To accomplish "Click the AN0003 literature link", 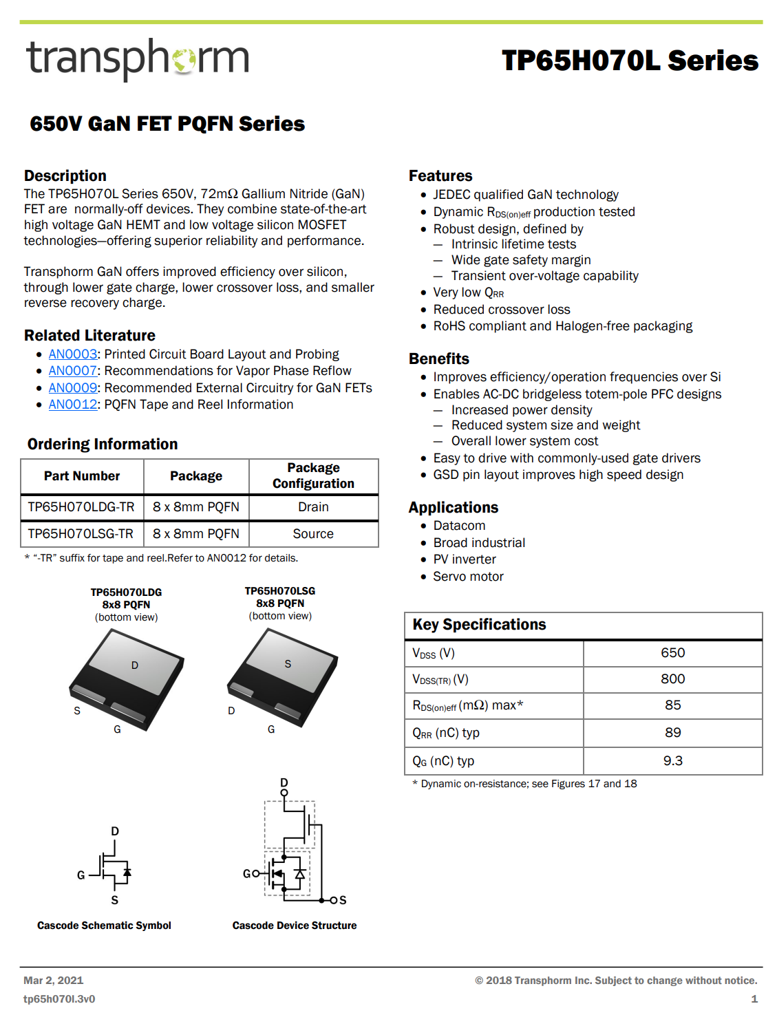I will pyautogui.click(x=73, y=354).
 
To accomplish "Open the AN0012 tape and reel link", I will pyautogui.click(x=73, y=405).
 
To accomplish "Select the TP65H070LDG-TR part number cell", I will pyautogui.click(x=81, y=507).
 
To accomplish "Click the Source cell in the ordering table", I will pyautogui.click(x=313, y=534).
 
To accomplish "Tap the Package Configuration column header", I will pyautogui.click(x=313, y=475).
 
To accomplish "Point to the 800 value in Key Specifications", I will pyautogui.click(x=672, y=679).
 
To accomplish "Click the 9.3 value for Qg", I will pyautogui.click(x=672, y=761).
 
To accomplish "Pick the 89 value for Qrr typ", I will pyautogui.click(x=672, y=733).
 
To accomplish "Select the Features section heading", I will pyautogui.click(x=440, y=176).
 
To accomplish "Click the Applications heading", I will pyautogui.click(x=453, y=508).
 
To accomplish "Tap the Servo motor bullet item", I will pyautogui.click(x=468, y=577).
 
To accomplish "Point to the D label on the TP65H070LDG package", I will pyautogui.click(x=135, y=665).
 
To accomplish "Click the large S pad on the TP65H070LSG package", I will pyautogui.click(x=288, y=664).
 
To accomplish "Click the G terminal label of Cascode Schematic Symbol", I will pyautogui.click(x=81, y=875).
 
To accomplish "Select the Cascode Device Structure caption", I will pyautogui.click(x=295, y=926).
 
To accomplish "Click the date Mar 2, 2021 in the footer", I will pyautogui.click(x=53, y=981).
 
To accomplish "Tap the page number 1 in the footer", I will pyautogui.click(x=754, y=999).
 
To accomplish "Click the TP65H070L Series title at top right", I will pyautogui.click(x=630, y=61).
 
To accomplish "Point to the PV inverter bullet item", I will pyautogui.click(x=465, y=559).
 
